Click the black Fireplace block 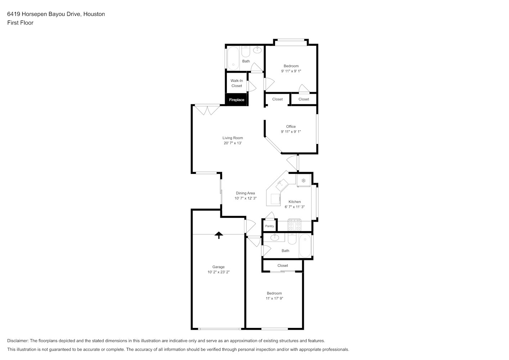click(x=237, y=100)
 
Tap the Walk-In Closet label click(x=237, y=83)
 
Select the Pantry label click(x=270, y=226)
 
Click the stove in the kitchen click(x=294, y=225)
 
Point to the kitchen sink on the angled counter click(x=281, y=185)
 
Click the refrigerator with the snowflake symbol click(x=303, y=181)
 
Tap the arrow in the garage click(x=219, y=235)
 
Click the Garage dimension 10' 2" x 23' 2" click(x=219, y=272)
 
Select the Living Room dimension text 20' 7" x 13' click(x=233, y=143)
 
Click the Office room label click(x=291, y=126)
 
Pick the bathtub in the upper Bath click(x=233, y=58)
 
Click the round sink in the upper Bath click(x=257, y=50)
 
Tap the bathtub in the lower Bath click(x=305, y=246)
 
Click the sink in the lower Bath click(x=275, y=238)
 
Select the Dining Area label click(x=246, y=193)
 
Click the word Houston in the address click(x=94, y=14)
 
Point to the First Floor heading click(x=20, y=23)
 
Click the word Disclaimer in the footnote click(x=18, y=341)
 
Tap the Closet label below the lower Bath click(x=283, y=265)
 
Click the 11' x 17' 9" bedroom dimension click(x=275, y=298)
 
